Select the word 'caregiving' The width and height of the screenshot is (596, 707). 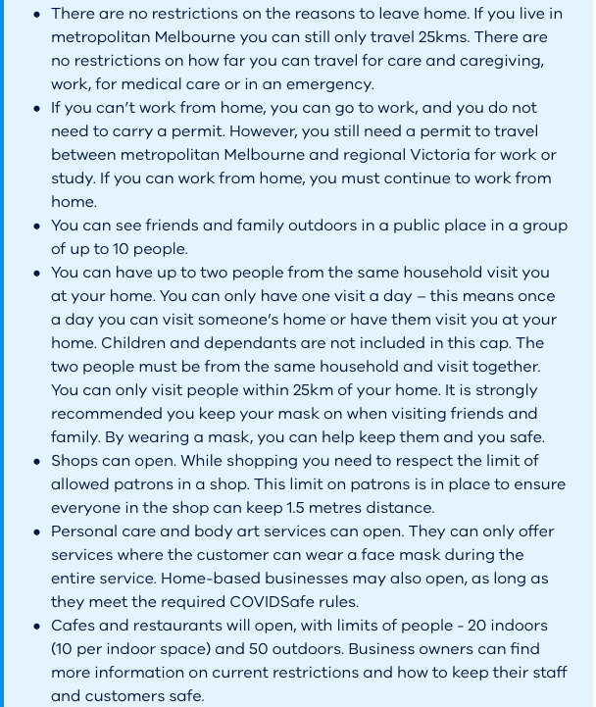coord(497,61)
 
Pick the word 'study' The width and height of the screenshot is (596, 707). coord(74,178)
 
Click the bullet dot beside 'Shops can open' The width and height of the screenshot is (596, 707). coord(36,461)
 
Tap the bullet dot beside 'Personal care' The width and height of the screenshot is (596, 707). coord(36,531)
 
